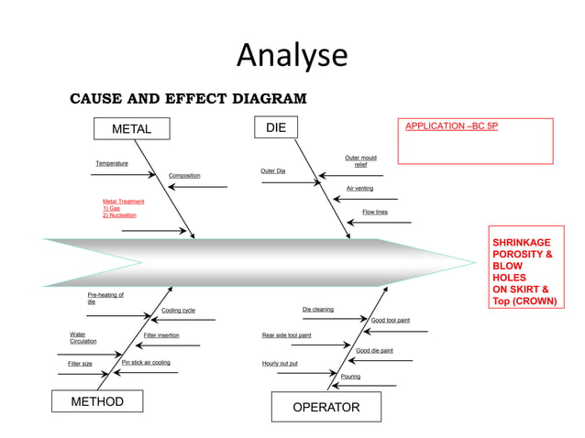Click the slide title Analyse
pos(292,56)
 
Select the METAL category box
pos(131,129)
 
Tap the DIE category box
pos(275,128)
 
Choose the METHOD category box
pos(97,401)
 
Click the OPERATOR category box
pos(326,407)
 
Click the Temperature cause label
pos(112,163)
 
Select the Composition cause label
pos(184,175)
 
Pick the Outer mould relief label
pos(360,160)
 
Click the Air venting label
pos(359,188)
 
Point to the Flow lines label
pos(374,212)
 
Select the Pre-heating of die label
pos(105,298)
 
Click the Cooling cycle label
pos(178,310)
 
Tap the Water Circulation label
pos(83,338)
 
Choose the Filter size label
pos(80,364)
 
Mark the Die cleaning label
pos(318,309)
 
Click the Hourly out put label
pos(280,363)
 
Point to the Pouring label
pos(350,377)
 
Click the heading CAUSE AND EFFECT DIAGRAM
pos(188,99)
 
